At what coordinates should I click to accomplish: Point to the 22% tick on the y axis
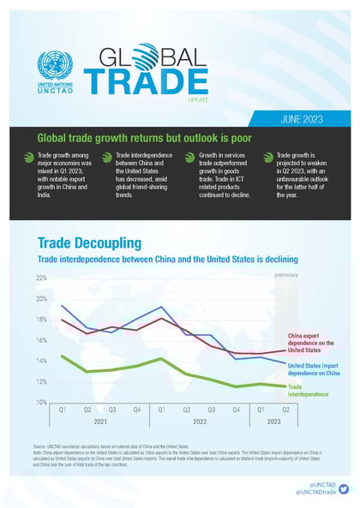pos(41,278)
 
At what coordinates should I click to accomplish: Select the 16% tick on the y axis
pos(41,340)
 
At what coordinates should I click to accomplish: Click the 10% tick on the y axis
pos(41,403)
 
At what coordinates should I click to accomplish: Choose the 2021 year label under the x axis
pos(100,422)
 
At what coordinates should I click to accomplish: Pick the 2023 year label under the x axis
pos(274,422)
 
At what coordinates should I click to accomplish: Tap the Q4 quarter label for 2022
pos(237,410)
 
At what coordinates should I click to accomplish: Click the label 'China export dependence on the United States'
pos(316,343)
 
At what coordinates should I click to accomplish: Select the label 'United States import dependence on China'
pos(316,369)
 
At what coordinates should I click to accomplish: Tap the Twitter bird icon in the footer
pos(344,489)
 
